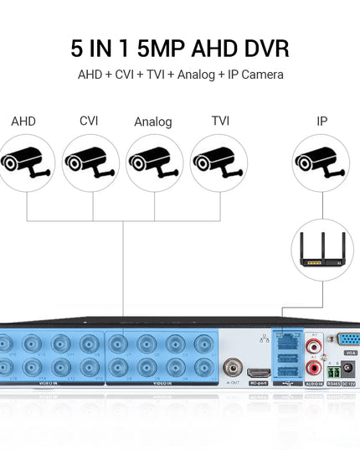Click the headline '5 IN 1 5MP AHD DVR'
[x=179, y=46]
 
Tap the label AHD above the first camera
[x=23, y=122]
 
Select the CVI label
[x=89, y=122]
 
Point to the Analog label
[x=152, y=122]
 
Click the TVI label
[x=220, y=122]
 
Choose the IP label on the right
[x=321, y=122]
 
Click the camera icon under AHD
[x=26, y=163]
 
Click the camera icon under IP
[x=321, y=163]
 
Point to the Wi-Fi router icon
[x=321, y=251]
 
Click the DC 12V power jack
[x=345, y=370]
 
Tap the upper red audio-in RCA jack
[x=313, y=344]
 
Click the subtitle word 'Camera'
[x=262, y=75]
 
